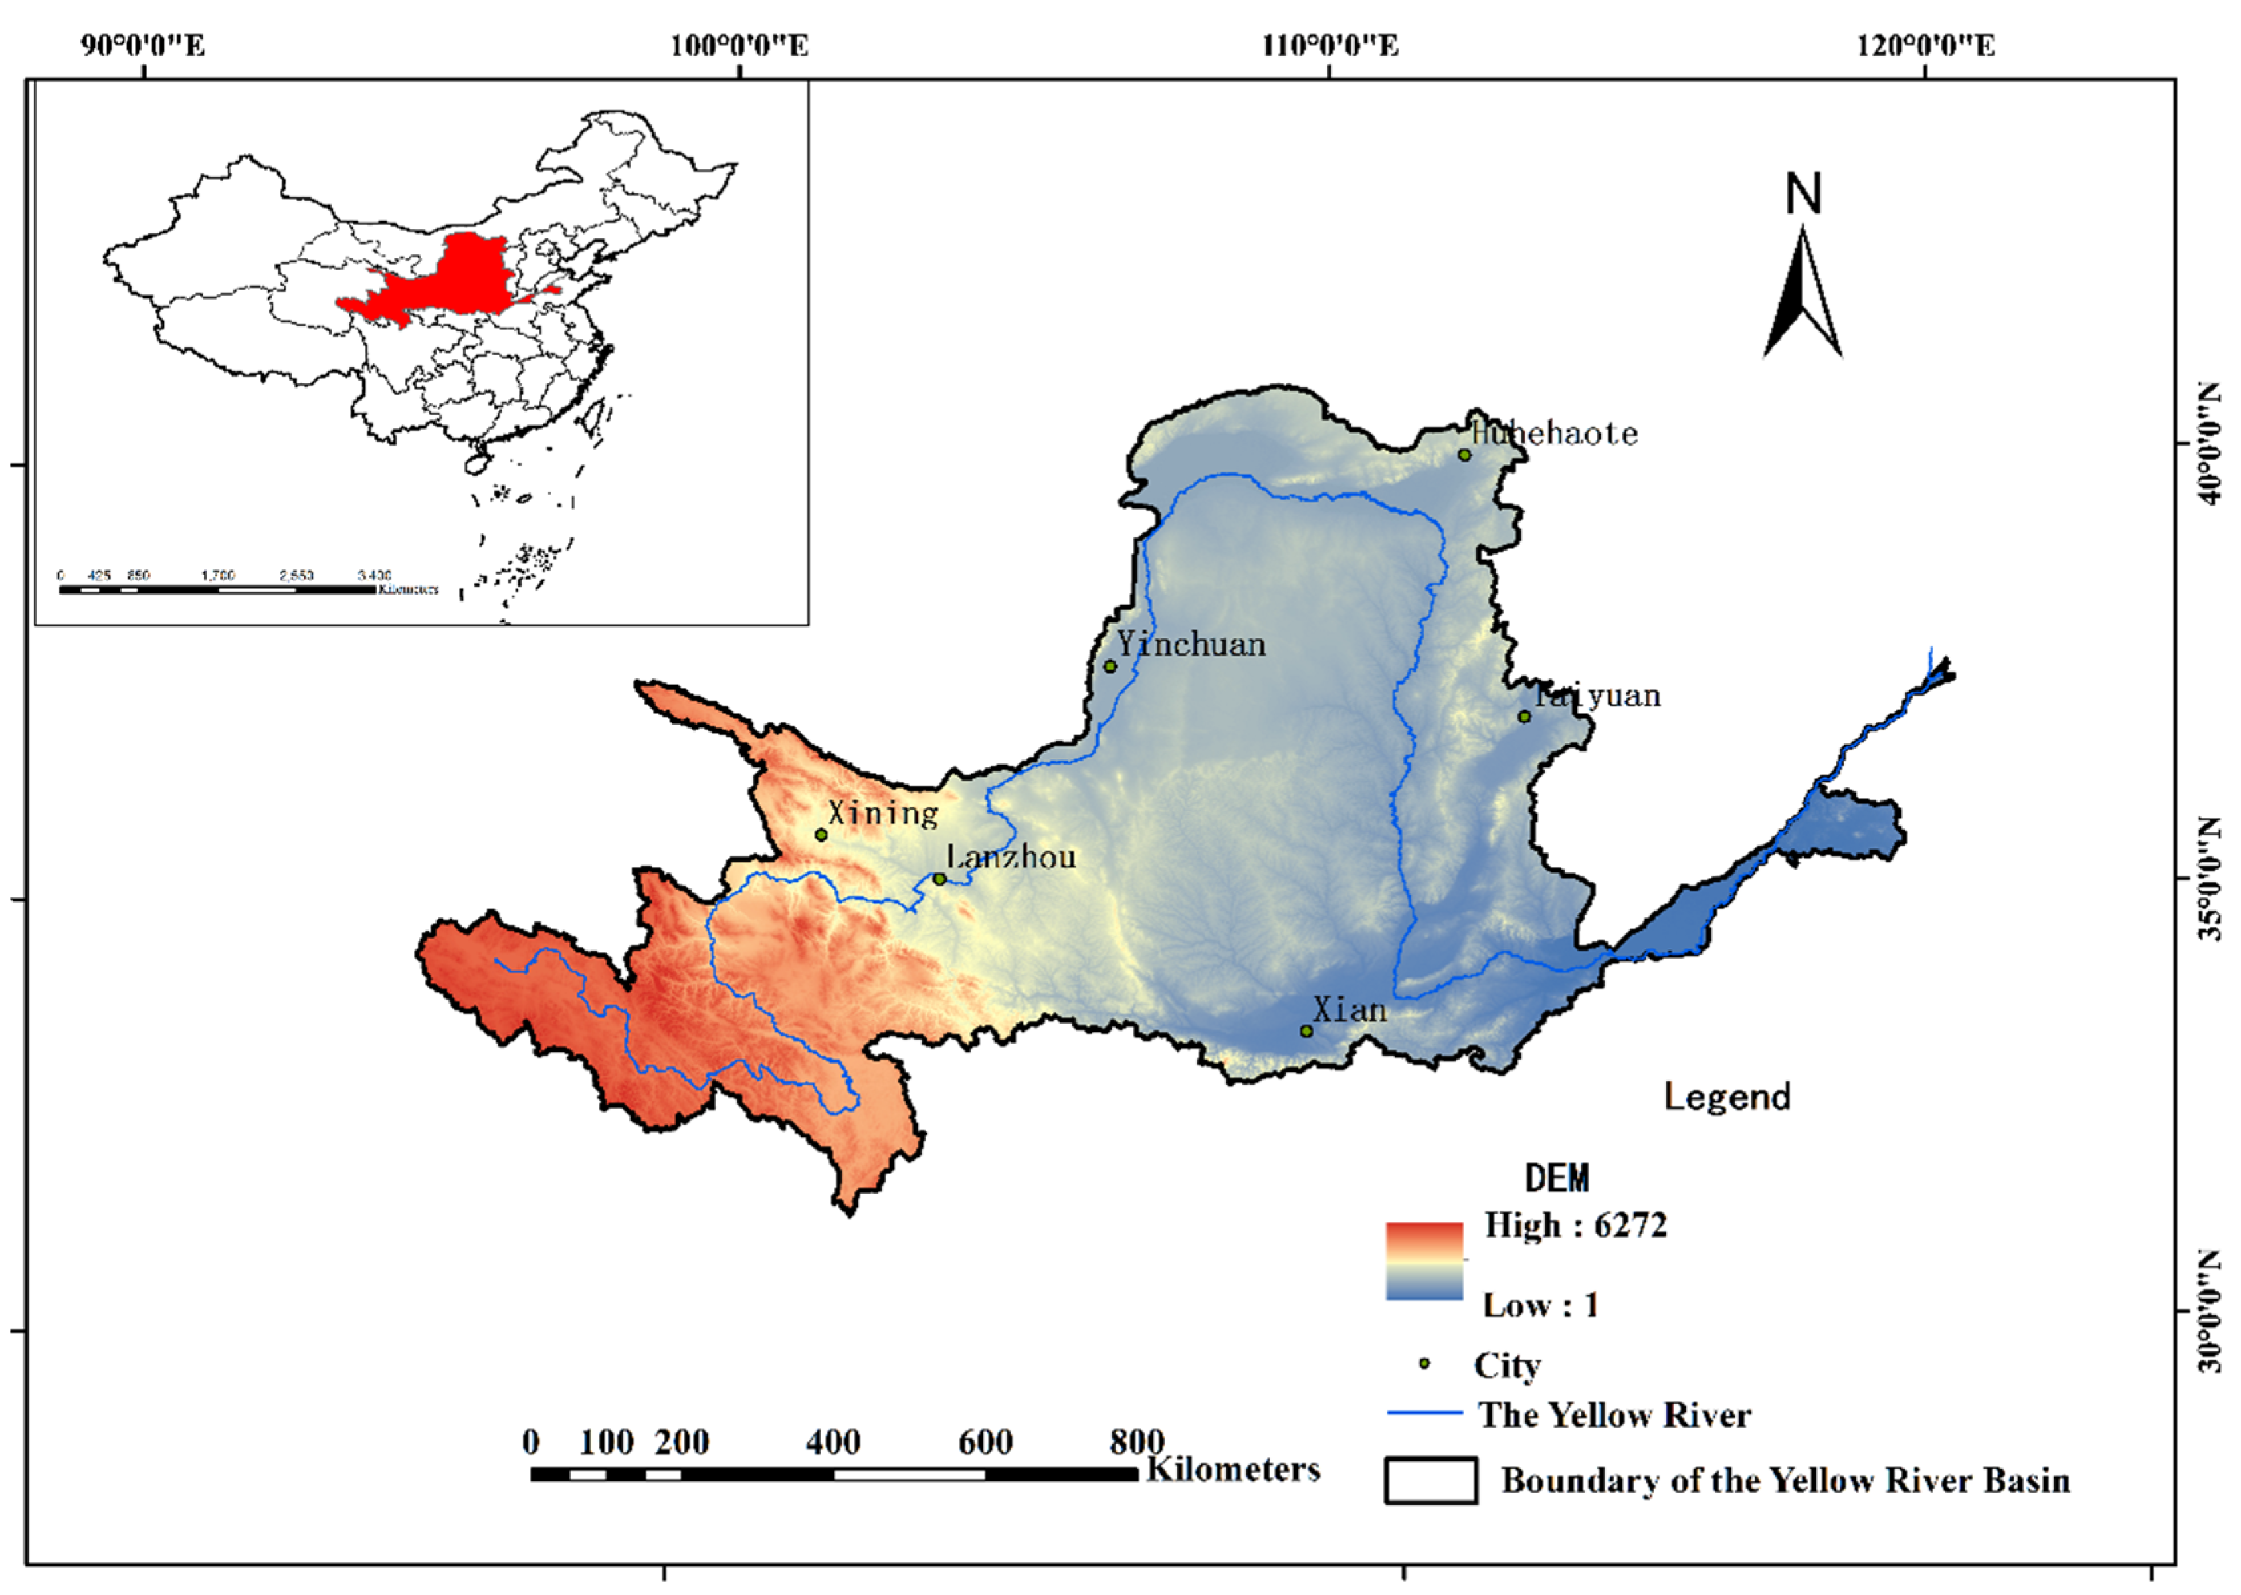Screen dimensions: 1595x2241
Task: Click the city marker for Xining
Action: (821, 835)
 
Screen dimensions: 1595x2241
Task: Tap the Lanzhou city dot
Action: (939, 879)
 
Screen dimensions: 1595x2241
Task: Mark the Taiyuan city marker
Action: (1524, 716)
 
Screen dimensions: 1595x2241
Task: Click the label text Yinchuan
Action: (1191, 644)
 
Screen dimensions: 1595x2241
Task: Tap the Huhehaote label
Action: (1555, 433)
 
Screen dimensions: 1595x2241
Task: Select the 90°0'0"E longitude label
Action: (144, 45)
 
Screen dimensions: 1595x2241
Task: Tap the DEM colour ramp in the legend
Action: (1424, 1261)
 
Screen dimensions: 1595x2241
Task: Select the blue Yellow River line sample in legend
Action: (1424, 1413)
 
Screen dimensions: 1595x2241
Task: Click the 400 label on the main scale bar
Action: (832, 1442)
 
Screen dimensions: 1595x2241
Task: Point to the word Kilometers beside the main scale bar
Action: (1232, 1469)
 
